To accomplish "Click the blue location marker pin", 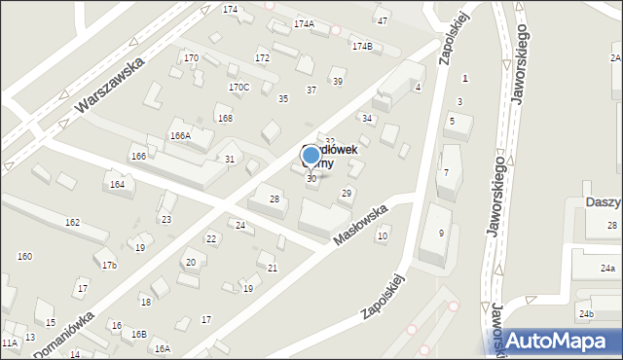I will click(311, 155).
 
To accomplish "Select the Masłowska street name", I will click(360, 224).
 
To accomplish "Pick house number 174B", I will click(362, 46).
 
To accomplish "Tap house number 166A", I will click(180, 135).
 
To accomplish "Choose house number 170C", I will click(238, 87).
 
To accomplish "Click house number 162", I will click(72, 223).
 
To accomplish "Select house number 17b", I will click(110, 265).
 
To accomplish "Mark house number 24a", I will click(607, 268).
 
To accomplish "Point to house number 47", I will click(383, 20).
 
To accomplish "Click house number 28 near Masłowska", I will click(275, 198).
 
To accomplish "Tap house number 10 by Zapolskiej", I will click(383, 235).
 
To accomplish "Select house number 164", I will click(117, 184).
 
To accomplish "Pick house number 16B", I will click(139, 334).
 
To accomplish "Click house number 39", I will click(338, 81).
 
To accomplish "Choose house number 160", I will click(24, 256).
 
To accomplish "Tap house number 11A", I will click(10, 342).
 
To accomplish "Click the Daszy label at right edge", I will click(604, 201).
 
